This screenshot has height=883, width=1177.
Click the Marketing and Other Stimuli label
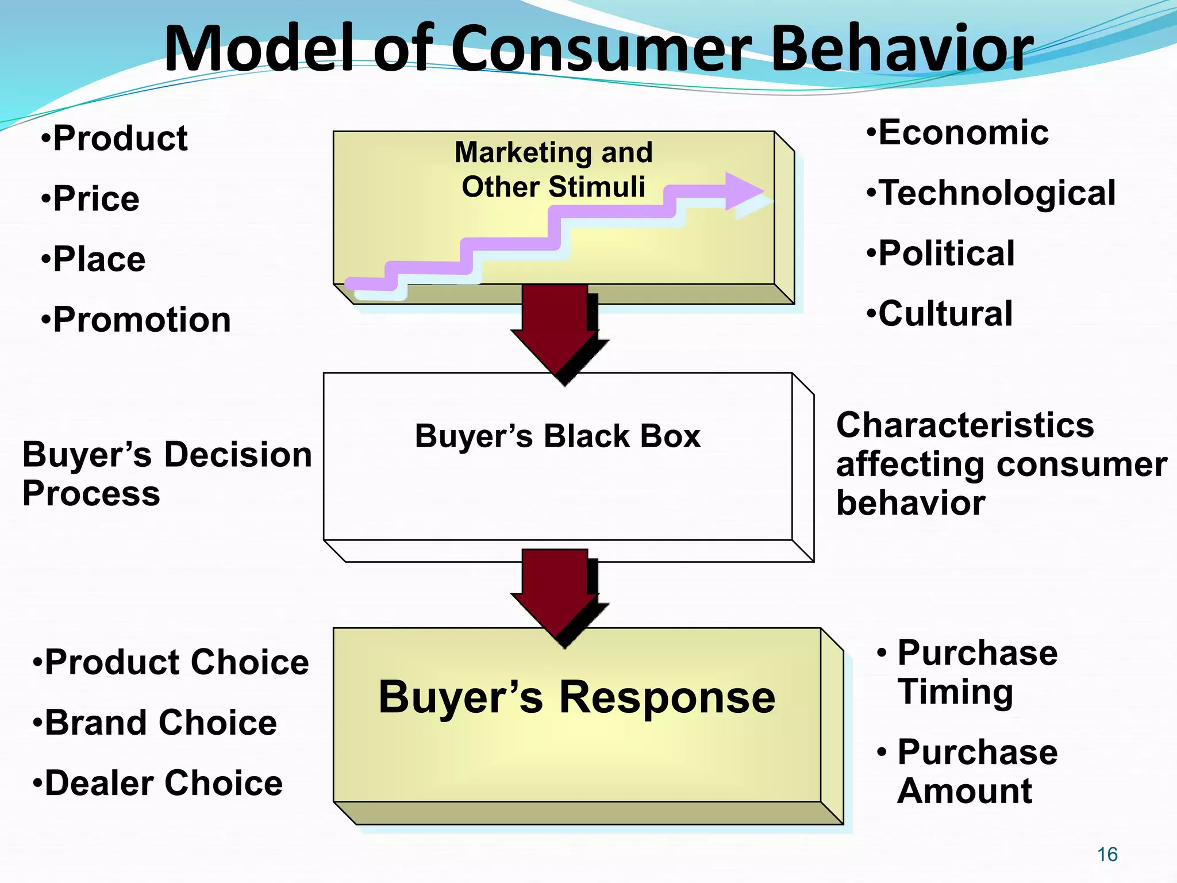tap(553, 170)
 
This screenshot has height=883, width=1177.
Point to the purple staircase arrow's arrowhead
tap(744, 191)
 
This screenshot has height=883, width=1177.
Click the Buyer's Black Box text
tap(557, 436)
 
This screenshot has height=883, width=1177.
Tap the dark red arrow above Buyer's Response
tap(556, 595)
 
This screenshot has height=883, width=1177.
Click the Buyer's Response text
tap(576, 697)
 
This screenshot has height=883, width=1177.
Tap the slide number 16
tap(1107, 854)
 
